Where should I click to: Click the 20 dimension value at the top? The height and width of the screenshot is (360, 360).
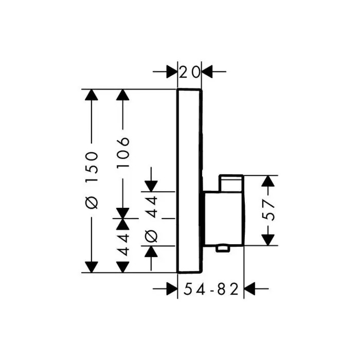coord(189,72)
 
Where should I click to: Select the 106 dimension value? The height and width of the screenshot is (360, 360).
coord(123,153)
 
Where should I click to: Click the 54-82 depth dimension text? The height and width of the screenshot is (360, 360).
coord(211,291)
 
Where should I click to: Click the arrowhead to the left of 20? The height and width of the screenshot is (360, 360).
coord(172,72)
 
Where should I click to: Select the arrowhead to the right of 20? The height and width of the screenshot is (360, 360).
coord(207,72)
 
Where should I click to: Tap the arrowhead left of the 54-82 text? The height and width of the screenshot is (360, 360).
coord(171,290)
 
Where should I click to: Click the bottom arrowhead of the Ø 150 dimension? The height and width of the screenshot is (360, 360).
coord(91,266)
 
